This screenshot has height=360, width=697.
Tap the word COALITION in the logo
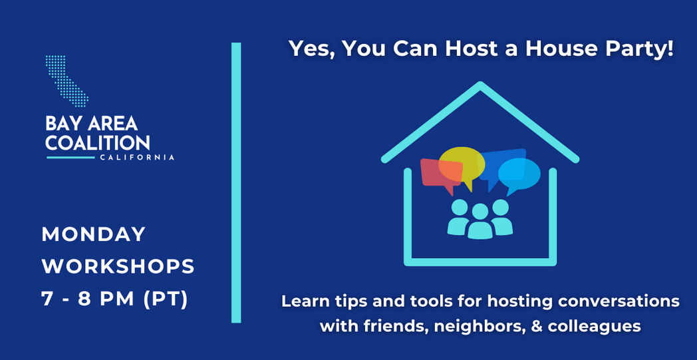[x=98, y=142]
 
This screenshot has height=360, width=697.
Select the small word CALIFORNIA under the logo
[x=137, y=158]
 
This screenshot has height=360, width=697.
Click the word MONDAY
[x=94, y=234]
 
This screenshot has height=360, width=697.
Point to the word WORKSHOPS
[x=118, y=267]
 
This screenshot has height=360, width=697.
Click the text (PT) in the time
[x=166, y=299]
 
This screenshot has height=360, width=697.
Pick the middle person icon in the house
[x=480, y=222]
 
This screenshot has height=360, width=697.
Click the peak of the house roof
[x=480, y=86]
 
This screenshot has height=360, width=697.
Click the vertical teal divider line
[x=236, y=183]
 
